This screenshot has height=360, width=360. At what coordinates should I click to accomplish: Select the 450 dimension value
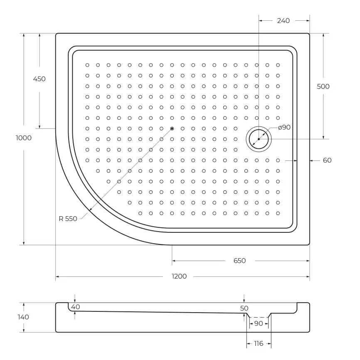39,79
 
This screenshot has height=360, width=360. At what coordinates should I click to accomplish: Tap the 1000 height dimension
24,138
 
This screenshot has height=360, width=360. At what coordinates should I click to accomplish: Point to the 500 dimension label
323,86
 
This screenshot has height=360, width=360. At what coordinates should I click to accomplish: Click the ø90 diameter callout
284,128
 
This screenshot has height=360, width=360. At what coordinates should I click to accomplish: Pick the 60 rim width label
327,160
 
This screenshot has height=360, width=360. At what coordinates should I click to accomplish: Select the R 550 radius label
68,219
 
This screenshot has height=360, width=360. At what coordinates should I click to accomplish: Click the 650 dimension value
239,261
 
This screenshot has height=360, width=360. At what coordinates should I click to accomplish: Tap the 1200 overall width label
180,276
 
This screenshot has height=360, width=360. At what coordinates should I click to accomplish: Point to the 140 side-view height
24,317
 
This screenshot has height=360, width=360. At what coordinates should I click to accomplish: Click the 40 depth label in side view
75,307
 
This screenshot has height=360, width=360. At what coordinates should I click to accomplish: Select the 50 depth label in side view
244,308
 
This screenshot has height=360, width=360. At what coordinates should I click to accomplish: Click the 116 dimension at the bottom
259,343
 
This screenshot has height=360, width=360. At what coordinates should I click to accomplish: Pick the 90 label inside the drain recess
258,323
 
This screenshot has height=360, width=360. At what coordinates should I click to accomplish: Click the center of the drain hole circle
259,139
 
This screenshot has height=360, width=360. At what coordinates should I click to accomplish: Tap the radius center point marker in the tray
172,128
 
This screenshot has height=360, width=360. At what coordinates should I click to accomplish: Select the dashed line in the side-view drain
259,318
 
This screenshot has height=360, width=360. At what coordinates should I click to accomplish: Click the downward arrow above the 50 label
244,300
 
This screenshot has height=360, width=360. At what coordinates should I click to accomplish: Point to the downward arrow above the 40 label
75,300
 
